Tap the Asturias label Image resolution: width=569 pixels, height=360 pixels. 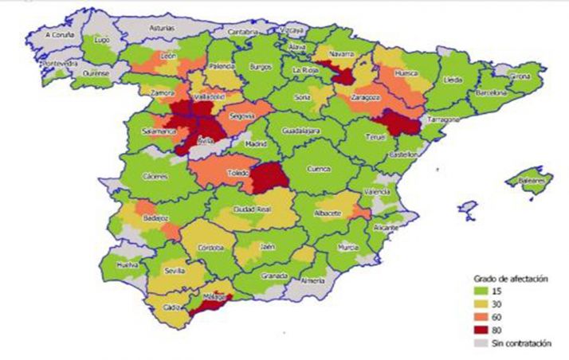click(163, 27)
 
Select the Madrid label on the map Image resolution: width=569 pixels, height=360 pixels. click(256, 144)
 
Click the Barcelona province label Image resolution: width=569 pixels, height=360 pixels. click(492, 92)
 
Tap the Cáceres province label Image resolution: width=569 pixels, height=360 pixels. click(155, 177)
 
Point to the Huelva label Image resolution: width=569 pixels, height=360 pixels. click(128, 264)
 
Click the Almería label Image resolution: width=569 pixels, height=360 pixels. click(314, 280)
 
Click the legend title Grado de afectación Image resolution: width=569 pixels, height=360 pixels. click(500, 279)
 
